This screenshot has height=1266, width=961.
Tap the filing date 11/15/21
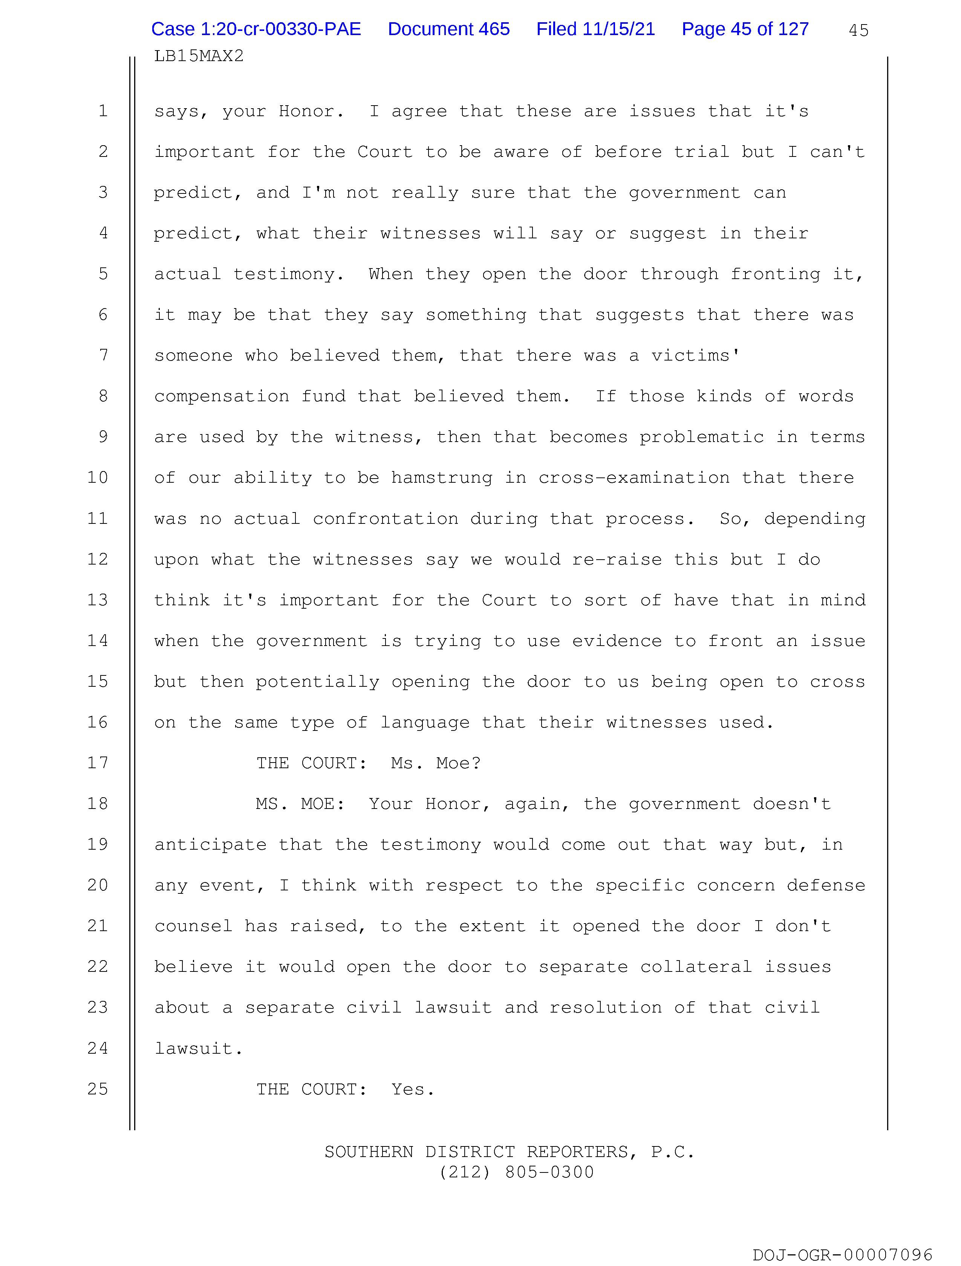pyautogui.click(x=618, y=29)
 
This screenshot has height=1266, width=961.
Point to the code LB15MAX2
pyautogui.click(x=199, y=56)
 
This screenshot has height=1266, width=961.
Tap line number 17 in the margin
pyautogui.click(x=98, y=763)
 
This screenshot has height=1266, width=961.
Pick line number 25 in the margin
pyautogui.click(x=98, y=1089)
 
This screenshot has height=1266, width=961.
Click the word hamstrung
pyautogui.click(x=442, y=478)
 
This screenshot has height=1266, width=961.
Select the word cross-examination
pyautogui.click(x=634, y=478)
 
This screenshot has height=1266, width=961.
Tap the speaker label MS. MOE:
pyautogui.click(x=300, y=804)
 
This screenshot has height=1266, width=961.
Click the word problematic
pyautogui.click(x=701, y=437)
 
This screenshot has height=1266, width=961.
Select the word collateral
pyautogui.click(x=696, y=967)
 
